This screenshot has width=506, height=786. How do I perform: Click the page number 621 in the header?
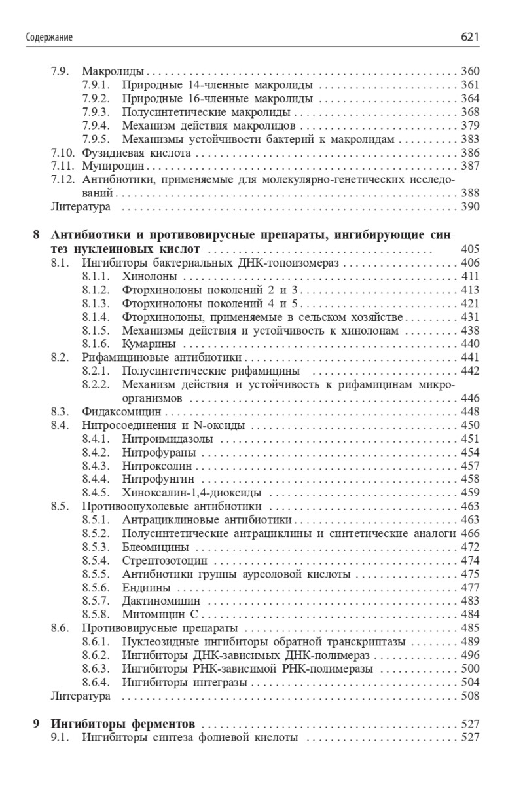[x=470, y=38]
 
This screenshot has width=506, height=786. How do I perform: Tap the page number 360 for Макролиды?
[x=470, y=71]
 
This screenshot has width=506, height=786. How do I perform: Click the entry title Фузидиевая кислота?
[x=136, y=153]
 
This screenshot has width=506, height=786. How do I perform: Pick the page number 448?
[x=470, y=412]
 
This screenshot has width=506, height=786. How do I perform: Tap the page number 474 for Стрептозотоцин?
[x=470, y=561]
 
